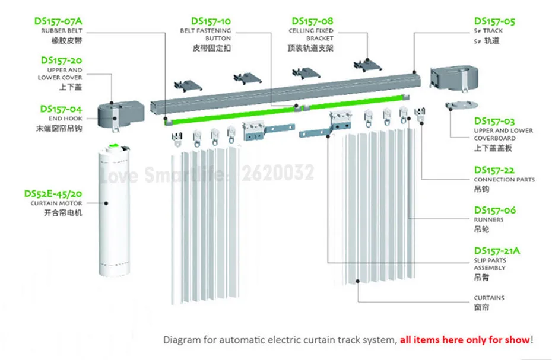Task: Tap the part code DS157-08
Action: click(x=311, y=21)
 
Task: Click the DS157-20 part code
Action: click(x=61, y=60)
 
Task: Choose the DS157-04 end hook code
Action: click(x=61, y=109)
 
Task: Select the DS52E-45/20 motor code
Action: click(x=53, y=193)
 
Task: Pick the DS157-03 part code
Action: click(x=494, y=121)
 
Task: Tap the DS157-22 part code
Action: click(x=494, y=170)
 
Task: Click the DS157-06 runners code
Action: click(x=494, y=210)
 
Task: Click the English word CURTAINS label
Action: click(x=489, y=298)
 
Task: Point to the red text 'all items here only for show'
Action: click(x=465, y=340)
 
